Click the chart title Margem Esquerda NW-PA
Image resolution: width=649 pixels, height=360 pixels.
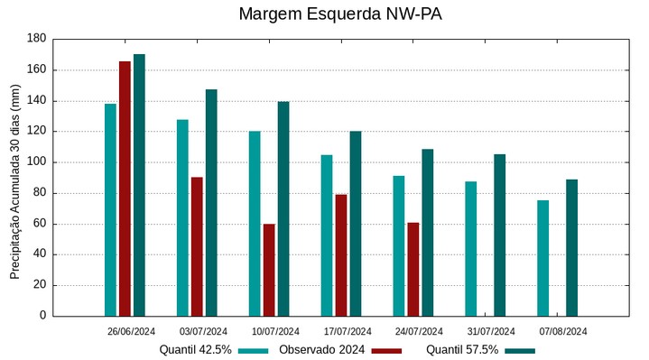pyautogui.click(x=340, y=14)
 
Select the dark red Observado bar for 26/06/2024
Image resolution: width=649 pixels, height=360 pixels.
pyautogui.click(x=125, y=189)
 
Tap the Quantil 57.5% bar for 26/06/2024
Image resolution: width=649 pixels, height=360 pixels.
pyautogui.click(x=139, y=185)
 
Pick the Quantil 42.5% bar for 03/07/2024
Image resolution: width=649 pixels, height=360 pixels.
pyautogui.click(x=182, y=217)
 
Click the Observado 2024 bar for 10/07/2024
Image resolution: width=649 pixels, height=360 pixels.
pyautogui.click(x=269, y=270)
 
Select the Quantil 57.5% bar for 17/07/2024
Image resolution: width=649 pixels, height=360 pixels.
pyautogui.click(x=356, y=224)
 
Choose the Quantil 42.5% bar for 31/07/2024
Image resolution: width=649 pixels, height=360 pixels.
pyautogui.click(x=471, y=249)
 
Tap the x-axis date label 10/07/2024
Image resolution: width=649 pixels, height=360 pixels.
pyautogui.click(x=275, y=331)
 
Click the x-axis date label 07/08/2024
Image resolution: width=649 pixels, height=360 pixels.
pyautogui.click(x=563, y=331)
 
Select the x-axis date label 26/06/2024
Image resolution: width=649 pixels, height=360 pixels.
pyautogui.click(x=131, y=331)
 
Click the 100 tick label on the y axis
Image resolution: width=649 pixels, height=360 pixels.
pyautogui.click(x=36, y=162)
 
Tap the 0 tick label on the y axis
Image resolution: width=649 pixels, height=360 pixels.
pyautogui.click(x=42, y=316)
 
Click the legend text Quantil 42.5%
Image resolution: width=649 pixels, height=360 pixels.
pyautogui.click(x=196, y=350)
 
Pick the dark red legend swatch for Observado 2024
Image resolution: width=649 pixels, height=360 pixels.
pyautogui.click(x=386, y=350)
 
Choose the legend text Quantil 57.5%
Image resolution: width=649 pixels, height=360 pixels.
pyautogui.click(x=462, y=350)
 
